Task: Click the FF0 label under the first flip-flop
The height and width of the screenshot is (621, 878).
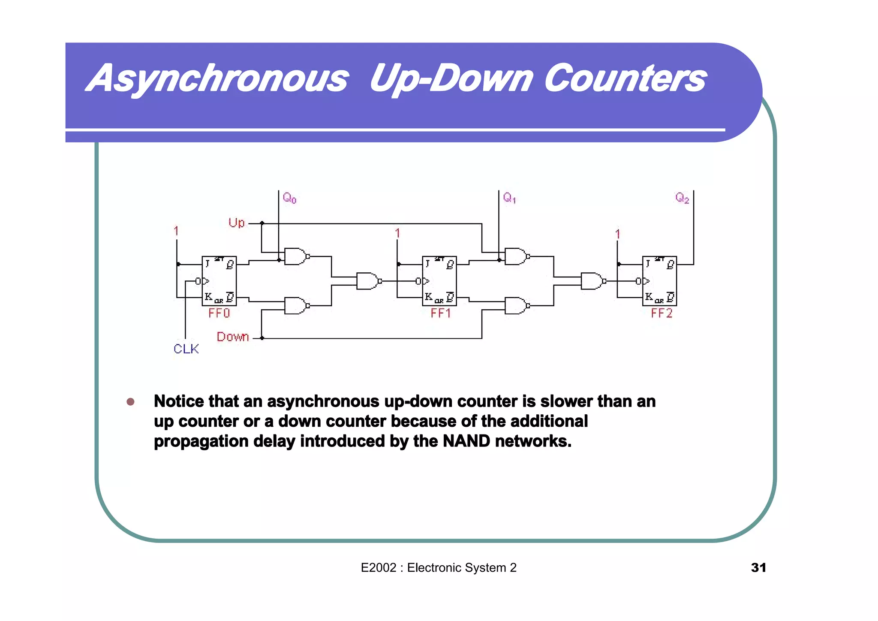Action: tap(219, 314)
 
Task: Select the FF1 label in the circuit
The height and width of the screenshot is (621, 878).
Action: tap(441, 314)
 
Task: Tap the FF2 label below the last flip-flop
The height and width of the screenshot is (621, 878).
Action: tap(662, 314)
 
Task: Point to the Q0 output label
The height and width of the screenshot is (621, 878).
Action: tap(289, 198)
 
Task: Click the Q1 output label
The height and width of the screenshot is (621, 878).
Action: tap(509, 198)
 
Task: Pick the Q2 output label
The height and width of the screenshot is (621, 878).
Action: tap(682, 198)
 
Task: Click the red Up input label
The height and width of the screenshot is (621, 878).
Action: tap(236, 223)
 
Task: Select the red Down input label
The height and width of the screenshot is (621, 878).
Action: tap(233, 337)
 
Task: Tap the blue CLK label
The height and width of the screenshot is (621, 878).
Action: tap(186, 349)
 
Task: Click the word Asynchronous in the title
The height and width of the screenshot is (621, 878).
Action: tap(218, 78)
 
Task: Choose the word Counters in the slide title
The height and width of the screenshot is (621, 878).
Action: tap(625, 78)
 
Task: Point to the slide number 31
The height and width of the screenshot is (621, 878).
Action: tap(758, 568)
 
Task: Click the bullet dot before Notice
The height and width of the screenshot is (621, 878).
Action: tap(131, 402)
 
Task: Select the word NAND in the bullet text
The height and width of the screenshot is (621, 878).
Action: tap(466, 441)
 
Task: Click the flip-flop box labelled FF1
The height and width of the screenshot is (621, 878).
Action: tap(439, 281)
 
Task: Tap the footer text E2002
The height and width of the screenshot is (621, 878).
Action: tap(379, 568)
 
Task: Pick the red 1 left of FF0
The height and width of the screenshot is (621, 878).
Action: tap(176, 231)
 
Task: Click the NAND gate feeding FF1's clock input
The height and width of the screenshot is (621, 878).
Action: tap(368, 281)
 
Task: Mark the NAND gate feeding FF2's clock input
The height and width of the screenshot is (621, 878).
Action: tap(592, 281)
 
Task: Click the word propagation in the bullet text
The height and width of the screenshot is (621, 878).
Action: tap(201, 441)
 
